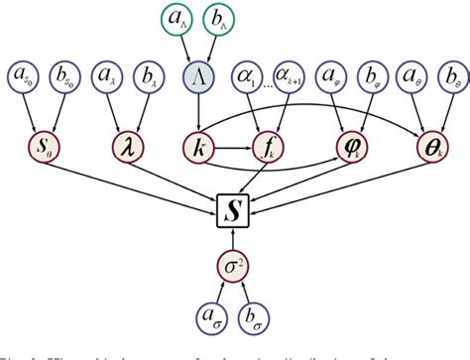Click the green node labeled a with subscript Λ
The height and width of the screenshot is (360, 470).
[176, 21]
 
